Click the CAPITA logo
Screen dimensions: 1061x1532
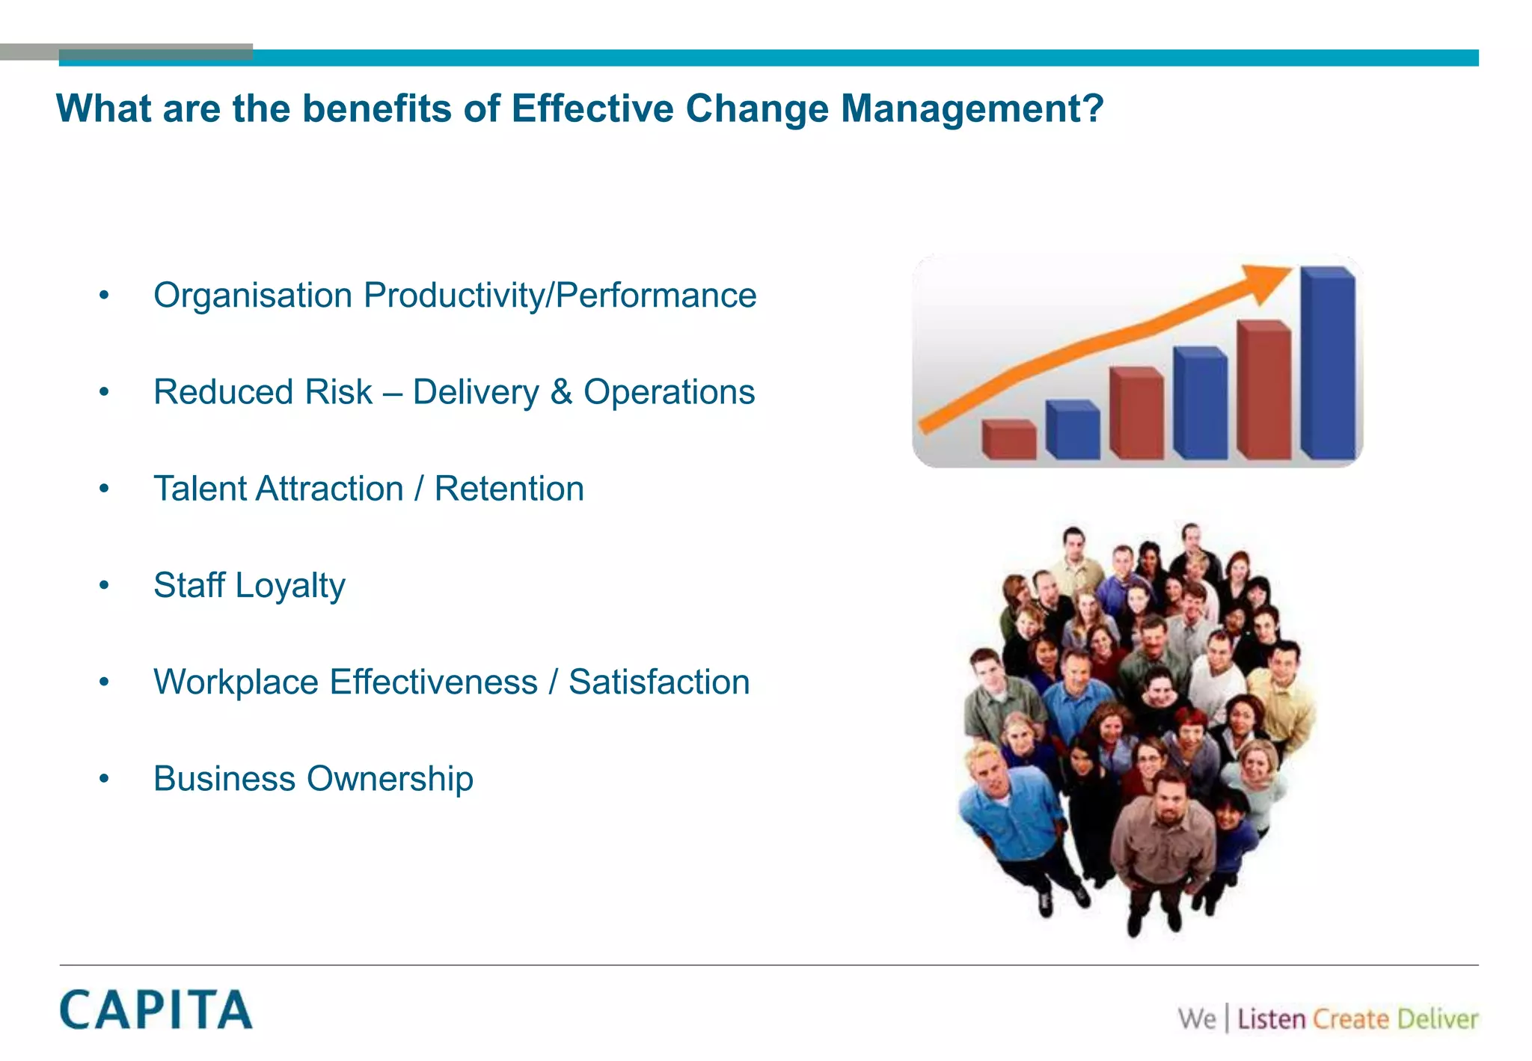pos(156,1009)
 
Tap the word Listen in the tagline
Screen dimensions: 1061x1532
pos(1271,1019)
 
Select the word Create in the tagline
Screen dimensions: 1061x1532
pos(1350,1019)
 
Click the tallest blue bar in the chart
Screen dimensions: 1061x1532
pos(1328,364)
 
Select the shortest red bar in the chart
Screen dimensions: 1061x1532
pos(1008,441)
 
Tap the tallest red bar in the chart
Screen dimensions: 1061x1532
pos(1263,391)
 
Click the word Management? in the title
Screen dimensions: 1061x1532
pos(972,108)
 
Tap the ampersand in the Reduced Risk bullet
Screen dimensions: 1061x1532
pos(561,392)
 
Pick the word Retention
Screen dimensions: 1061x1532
pos(509,489)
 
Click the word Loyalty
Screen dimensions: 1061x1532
pos(290,586)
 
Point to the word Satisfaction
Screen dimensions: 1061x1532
pos(658,682)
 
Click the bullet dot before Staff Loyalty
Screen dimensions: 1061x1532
pos(104,586)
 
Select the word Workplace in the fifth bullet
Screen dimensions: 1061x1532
pos(236,682)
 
